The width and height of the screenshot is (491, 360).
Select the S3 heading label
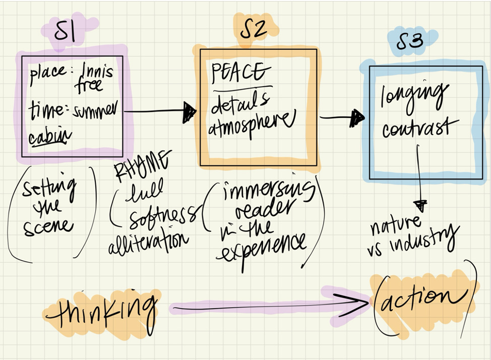point(409,42)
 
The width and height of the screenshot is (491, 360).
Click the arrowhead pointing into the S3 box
point(357,117)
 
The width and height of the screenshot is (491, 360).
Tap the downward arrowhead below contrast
point(420,206)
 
